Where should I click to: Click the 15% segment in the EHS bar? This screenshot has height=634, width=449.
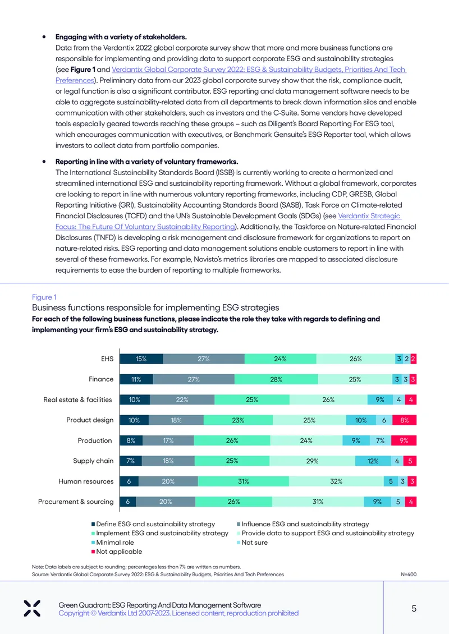(141, 359)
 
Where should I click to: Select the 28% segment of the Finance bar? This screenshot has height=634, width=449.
(276, 379)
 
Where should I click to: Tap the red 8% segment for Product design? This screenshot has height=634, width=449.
(405, 420)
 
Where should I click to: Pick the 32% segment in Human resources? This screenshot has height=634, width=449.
(337, 481)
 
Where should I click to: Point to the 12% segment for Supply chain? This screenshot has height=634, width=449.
(373, 461)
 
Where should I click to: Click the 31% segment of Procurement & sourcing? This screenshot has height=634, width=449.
(318, 502)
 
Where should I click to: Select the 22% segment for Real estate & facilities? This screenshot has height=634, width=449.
(182, 399)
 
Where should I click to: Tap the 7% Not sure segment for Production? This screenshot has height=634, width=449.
(381, 440)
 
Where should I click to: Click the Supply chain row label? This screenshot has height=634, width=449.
(93, 461)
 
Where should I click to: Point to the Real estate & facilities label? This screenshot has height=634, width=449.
(77, 399)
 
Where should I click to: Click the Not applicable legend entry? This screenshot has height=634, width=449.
(117, 552)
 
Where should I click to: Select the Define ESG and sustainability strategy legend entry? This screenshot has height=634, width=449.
(153, 524)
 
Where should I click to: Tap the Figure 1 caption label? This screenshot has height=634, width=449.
(44, 297)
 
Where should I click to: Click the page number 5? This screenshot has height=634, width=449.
(414, 609)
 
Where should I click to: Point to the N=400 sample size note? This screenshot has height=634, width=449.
(409, 575)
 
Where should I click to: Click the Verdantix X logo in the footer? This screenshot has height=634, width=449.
(32, 609)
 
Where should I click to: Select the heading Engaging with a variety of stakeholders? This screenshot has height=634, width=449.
(121, 37)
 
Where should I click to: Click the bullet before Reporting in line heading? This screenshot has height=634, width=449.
(44, 162)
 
